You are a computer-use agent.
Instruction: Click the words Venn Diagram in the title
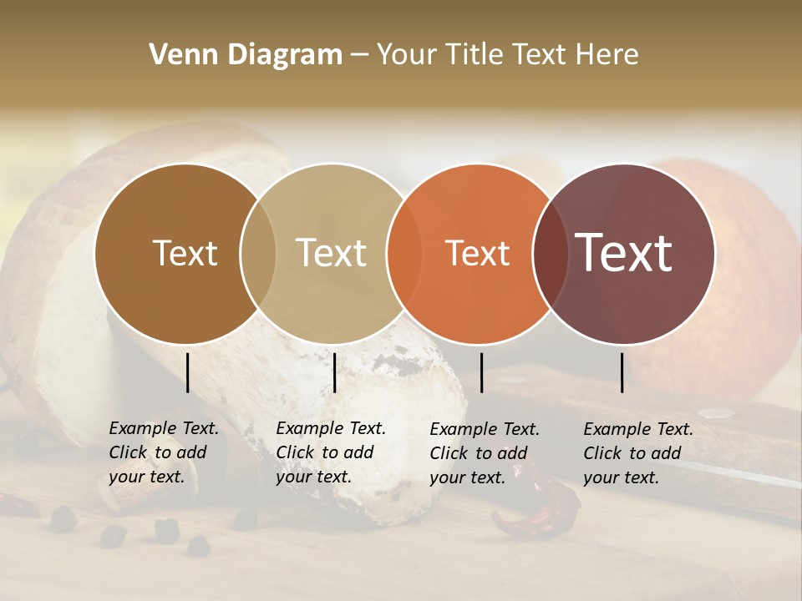(246, 55)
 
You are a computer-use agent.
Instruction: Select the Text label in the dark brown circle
(185, 254)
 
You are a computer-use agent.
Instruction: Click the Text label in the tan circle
(331, 254)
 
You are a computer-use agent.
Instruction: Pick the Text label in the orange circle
(477, 254)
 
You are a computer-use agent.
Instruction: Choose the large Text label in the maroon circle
(623, 252)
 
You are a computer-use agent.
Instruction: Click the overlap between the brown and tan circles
(258, 254)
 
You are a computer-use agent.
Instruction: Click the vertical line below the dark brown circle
(188, 372)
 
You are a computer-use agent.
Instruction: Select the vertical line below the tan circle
(334, 372)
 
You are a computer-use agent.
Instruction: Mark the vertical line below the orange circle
(481, 372)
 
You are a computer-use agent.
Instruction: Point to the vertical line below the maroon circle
(622, 372)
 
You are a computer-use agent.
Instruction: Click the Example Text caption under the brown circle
(163, 452)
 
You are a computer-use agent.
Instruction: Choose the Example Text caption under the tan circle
(330, 452)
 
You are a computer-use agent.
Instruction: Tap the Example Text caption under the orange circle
(484, 453)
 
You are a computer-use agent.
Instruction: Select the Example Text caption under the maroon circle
(637, 453)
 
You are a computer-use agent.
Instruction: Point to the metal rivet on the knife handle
(717, 412)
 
